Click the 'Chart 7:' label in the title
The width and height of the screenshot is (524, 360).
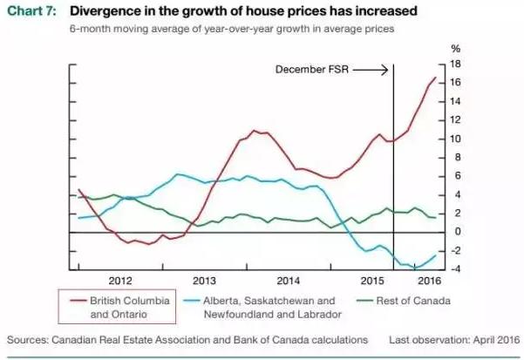click(x=32, y=11)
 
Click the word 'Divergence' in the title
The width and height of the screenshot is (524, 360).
click(x=105, y=11)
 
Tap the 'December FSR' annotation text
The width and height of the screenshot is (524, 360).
click(x=313, y=68)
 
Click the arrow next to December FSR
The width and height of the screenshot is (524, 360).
click(x=371, y=68)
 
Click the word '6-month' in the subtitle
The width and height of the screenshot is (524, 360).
click(x=88, y=29)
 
